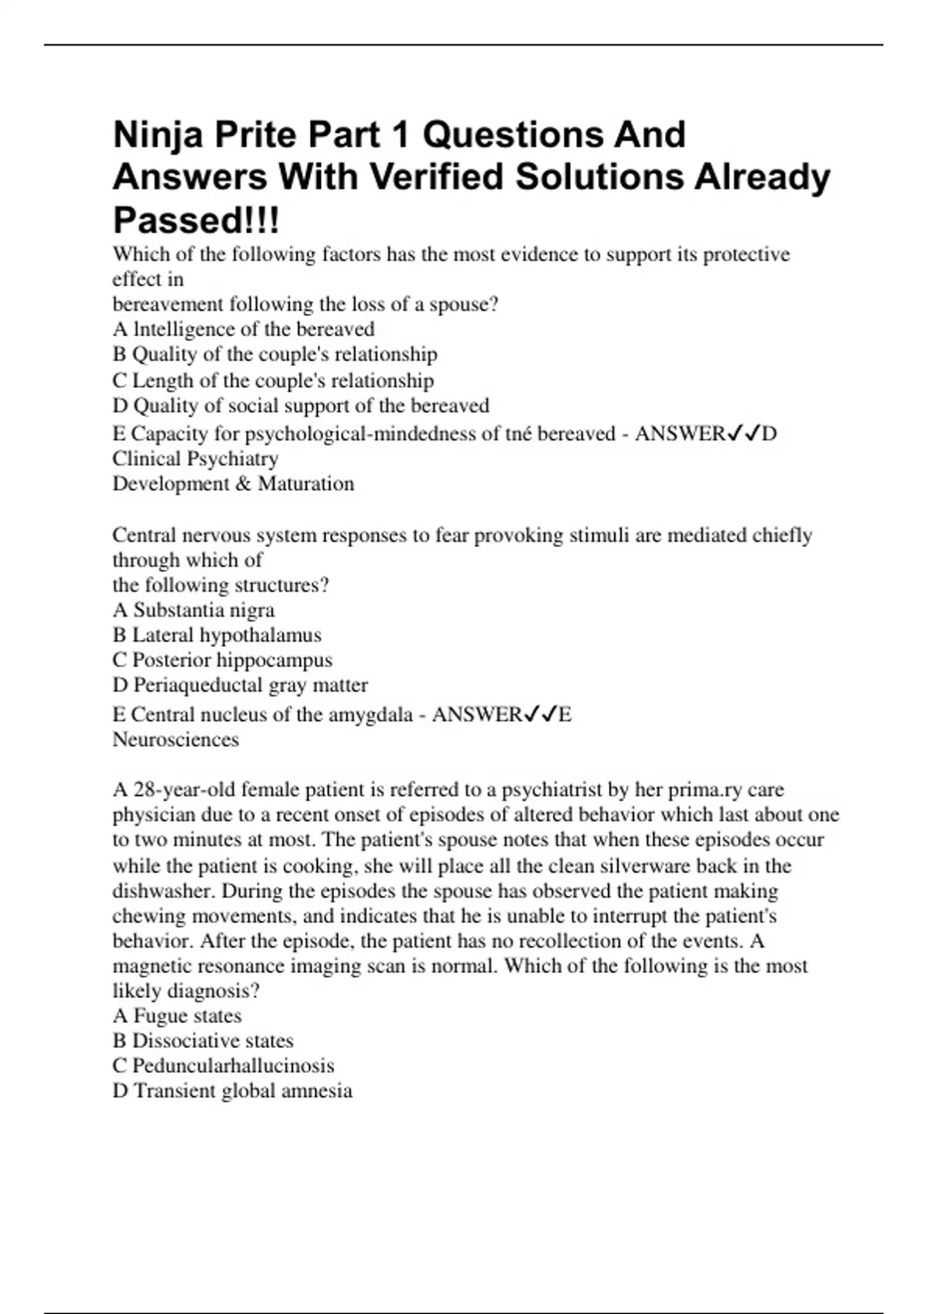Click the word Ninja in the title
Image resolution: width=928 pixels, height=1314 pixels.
[158, 135]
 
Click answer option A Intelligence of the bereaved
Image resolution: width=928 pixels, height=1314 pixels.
[244, 329]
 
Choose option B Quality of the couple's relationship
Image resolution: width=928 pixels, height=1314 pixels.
[275, 354]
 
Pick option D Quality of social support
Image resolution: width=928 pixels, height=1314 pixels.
[301, 406]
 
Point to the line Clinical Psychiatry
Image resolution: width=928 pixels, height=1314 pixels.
[196, 458]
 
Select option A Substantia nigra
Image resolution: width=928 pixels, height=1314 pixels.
[193, 610]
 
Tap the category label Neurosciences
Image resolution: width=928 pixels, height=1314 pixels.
[176, 740]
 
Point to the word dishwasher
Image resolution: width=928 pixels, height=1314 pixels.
[164, 891]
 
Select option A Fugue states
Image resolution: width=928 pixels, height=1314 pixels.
[177, 1016]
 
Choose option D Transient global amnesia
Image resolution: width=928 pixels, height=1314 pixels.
[232, 1091]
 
